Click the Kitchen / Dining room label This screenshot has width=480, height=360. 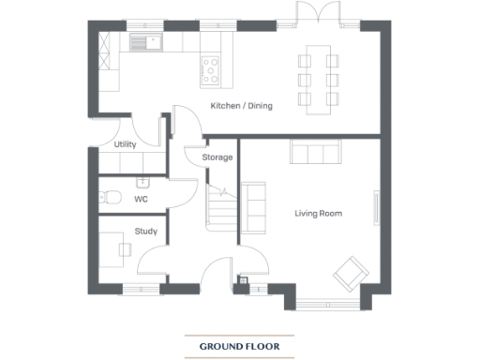[241, 106]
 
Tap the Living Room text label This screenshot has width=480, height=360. [318, 214]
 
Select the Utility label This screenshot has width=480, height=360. [125, 145]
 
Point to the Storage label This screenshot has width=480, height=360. [217, 157]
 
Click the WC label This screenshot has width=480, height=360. [141, 200]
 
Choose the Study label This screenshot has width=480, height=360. [145, 230]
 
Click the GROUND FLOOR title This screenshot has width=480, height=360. [239, 347]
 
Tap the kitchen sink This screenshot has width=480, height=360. [144, 41]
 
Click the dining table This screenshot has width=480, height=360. [317, 80]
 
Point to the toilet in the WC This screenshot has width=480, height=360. [109, 198]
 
